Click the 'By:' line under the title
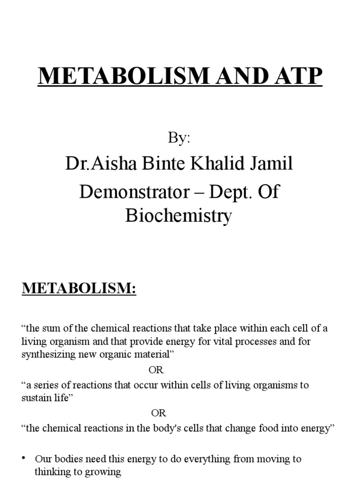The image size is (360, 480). pos(179,138)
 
